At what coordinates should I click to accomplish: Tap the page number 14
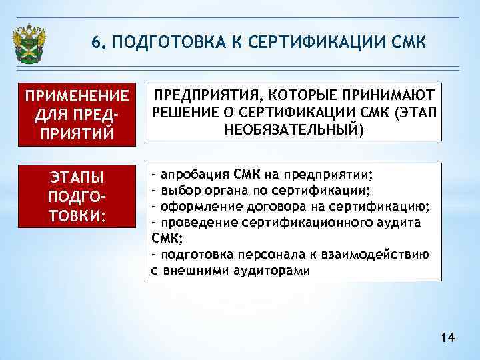coord(447,339)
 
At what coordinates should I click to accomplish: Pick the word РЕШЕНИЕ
coord(181,110)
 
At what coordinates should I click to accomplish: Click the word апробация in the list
coord(194,175)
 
